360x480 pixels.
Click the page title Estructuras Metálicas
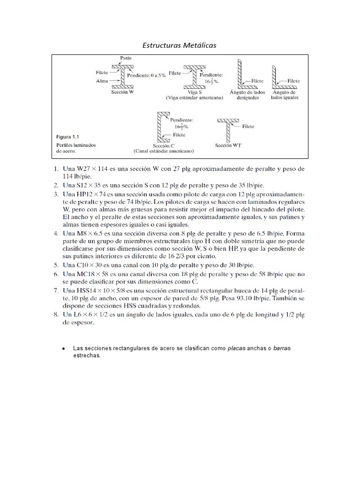coord(180,45)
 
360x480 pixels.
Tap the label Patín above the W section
coord(125,58)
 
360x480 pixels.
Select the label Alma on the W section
coord(102,81)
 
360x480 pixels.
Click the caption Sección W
coord(123,92)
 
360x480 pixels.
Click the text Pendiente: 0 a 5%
coord(146,75)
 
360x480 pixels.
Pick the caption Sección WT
coord(228,145)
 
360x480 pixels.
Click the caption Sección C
coord(164,145)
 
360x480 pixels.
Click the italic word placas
coord(237,349)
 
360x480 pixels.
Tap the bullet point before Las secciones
coord(63,349)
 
